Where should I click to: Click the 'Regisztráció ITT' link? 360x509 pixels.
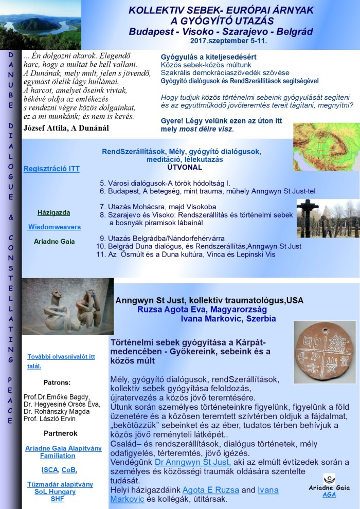point(51,169)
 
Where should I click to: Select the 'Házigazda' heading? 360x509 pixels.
point(53,212)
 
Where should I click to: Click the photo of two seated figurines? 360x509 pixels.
point(68,306)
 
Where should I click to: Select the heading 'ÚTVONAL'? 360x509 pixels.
point(185,167)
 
